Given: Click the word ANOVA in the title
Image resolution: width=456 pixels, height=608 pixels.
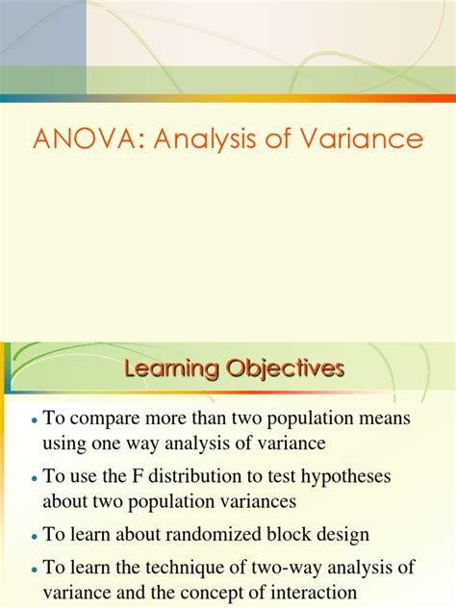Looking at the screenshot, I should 74,140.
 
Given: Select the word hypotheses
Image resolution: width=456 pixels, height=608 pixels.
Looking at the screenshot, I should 364,475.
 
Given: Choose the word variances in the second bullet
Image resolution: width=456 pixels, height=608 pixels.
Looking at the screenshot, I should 237,501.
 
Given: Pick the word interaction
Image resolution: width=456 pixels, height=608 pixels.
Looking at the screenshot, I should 314,594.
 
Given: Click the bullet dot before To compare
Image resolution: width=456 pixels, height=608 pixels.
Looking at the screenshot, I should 35,421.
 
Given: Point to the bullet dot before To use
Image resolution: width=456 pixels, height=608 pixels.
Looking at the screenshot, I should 35,477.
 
